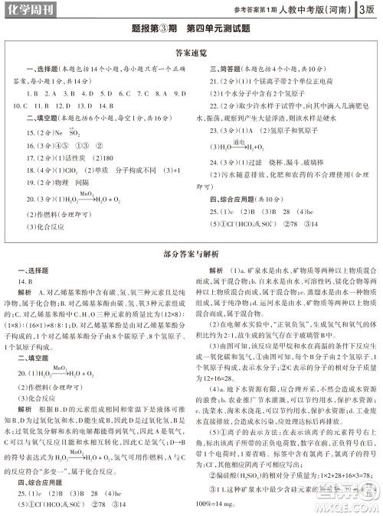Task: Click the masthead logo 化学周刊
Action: (29, 10)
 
